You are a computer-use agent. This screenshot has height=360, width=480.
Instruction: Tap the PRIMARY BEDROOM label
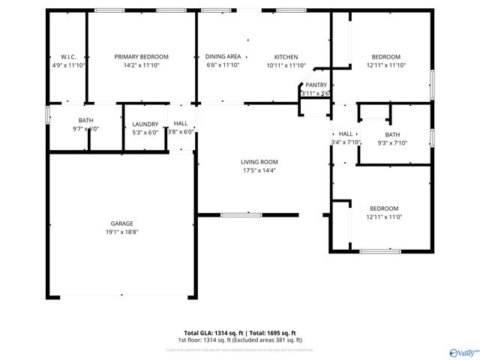coord(141,57)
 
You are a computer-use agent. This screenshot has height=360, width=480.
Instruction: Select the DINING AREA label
coord(223,57)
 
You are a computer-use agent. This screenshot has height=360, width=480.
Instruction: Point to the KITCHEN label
coord(286,57)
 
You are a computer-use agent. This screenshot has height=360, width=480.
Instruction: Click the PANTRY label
coord(316,85)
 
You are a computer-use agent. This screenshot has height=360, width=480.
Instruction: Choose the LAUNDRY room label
coord(145,124)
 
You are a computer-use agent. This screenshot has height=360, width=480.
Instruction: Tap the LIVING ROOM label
coord(259,162)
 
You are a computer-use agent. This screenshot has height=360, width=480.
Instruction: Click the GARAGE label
coord(122,223)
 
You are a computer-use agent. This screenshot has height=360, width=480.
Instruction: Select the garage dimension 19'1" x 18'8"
coord(122,232)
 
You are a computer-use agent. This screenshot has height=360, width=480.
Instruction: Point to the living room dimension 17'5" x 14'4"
coord(259,170)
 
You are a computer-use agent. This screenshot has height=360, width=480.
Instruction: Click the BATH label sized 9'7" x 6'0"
coord(85,121)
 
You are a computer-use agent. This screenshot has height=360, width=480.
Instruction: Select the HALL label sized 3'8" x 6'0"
coord(181,124)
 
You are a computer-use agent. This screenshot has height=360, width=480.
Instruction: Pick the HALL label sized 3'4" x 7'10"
coord(346,134)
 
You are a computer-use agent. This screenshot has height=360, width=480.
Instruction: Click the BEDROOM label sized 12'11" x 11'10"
coord(386,57)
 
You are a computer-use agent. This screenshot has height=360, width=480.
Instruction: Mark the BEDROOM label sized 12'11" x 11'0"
coord(383,208)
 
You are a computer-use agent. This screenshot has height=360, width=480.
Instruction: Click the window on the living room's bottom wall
coord(241,215)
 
